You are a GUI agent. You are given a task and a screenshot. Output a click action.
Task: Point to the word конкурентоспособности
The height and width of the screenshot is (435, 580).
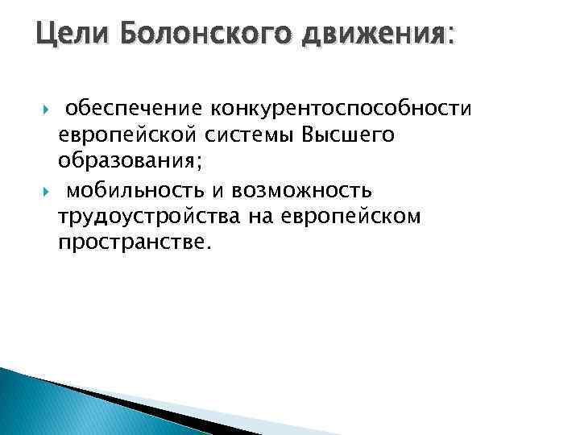click(342, 108)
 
